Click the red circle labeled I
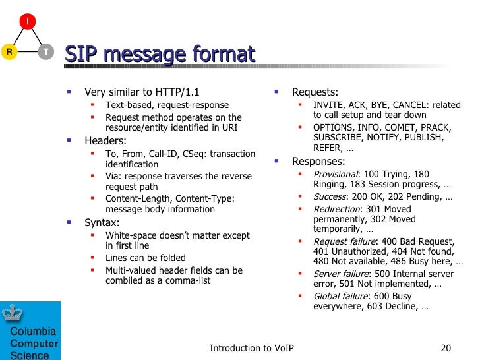(x=26, y=22)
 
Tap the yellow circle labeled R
(x=9, y=51)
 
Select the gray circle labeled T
(x=45, y=51)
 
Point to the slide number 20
(x=445, y=348)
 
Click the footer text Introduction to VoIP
(x=251, y=348)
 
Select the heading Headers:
(x=105, y=140)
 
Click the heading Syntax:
(x=102, y=222)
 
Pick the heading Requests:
(x=315, y=92)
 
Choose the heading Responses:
(x=318, y=162)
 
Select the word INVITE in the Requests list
(x=328, y=105)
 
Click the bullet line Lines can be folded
(x=146, y=258)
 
